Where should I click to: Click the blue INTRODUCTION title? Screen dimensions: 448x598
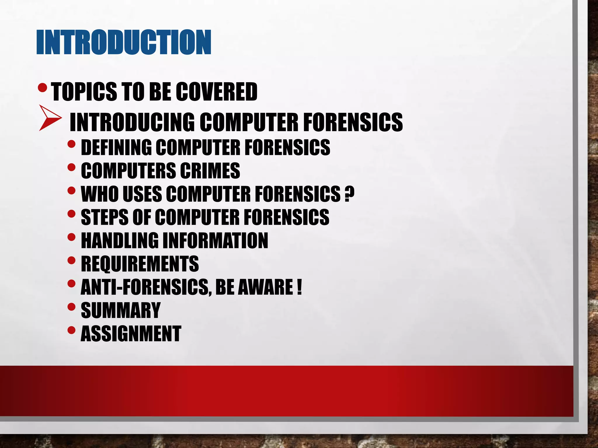tap(124, 42)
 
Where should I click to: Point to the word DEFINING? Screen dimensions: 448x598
tap(116, 147)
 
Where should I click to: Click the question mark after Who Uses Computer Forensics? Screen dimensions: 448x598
tap(349, 194)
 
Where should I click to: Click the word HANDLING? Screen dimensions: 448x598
tap(119, 240)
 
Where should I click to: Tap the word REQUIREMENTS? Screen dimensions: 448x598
tap(140, 264)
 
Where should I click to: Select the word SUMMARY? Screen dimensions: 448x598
tap(121, 310)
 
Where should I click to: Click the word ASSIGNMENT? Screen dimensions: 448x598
tap(131, 334)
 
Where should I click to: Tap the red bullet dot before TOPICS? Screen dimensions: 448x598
tap(43, 87)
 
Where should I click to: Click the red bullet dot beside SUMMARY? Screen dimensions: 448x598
tap(71, 307)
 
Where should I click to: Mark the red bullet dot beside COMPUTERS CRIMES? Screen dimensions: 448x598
tap(71, 167)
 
